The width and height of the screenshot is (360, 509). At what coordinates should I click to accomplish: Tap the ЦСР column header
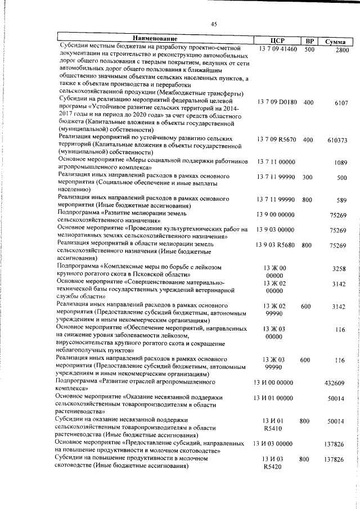click(x=276, y=40)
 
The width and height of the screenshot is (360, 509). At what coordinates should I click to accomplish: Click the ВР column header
click(x=308, y=40)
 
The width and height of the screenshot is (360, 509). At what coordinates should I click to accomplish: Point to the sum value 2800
click(x=342, y=50)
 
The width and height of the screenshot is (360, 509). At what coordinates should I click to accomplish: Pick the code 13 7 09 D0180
click(x=276, y=103)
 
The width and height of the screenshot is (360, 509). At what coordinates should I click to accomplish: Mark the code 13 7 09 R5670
click(x=276, y=139)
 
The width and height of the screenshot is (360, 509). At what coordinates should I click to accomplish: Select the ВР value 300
click(x=308, y=178)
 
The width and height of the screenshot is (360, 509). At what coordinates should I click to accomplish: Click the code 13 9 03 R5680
click(x=276, y=245)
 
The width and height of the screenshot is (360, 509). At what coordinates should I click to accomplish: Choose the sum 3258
click(x=342, y=269)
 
